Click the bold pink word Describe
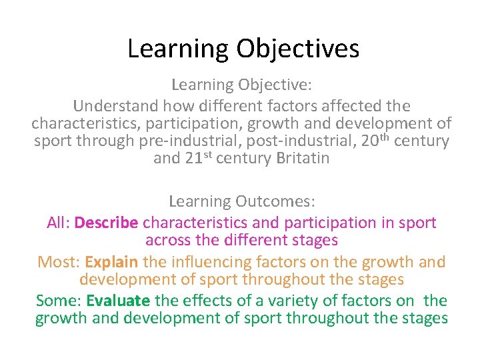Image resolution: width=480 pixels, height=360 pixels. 107,223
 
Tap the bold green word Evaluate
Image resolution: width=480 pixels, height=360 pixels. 118,301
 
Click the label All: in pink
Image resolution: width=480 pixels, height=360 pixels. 59,223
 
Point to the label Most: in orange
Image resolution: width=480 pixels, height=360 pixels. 59,262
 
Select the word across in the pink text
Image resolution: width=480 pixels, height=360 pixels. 167,240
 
